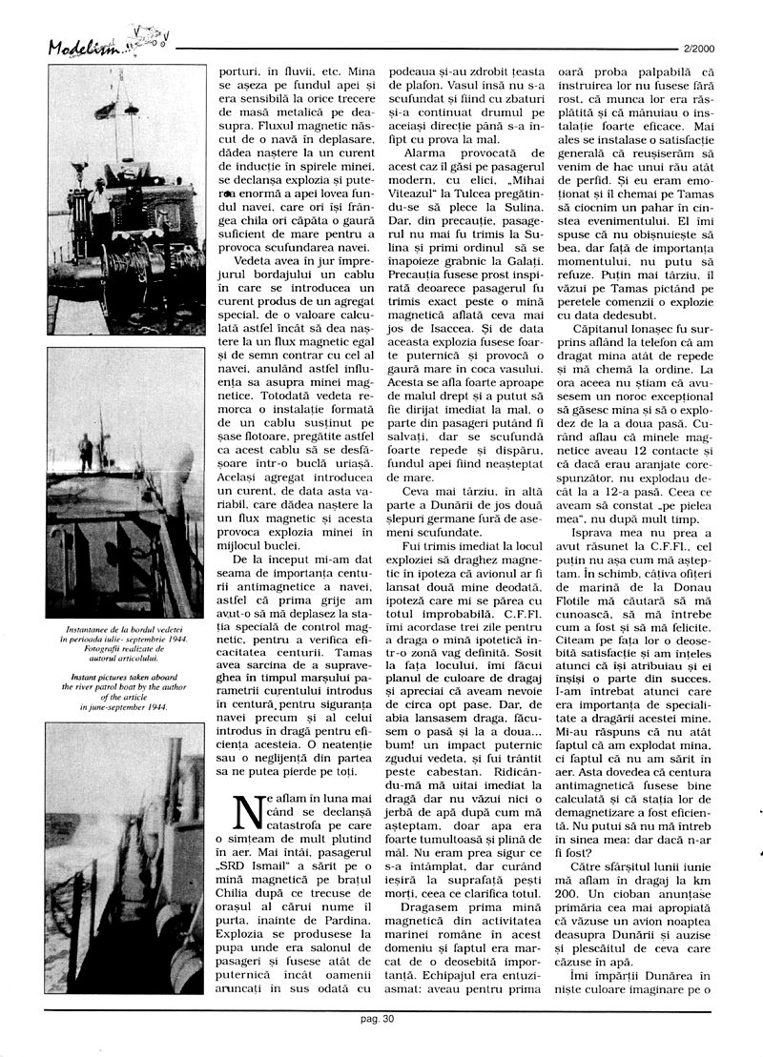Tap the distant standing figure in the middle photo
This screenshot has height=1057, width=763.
[86, 452]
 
